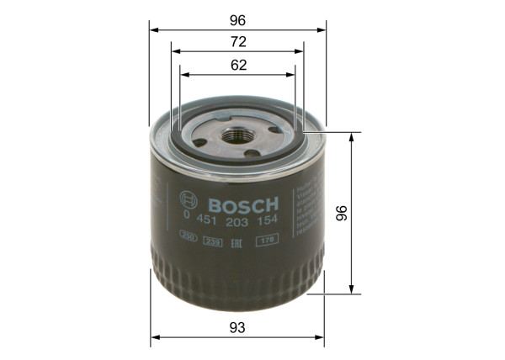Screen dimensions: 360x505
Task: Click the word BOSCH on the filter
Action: pyautogui.click(x=242, y=205)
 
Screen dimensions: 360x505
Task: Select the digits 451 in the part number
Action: pyautogui.click(x=207, y=222)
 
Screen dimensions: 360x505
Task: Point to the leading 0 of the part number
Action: pyautogui.click(x=186, y=222)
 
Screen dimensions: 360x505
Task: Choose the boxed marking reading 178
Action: pyautogui.click(x=268, y=242)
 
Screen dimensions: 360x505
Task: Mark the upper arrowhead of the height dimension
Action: pyautogui.click(x=350, y=136)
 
